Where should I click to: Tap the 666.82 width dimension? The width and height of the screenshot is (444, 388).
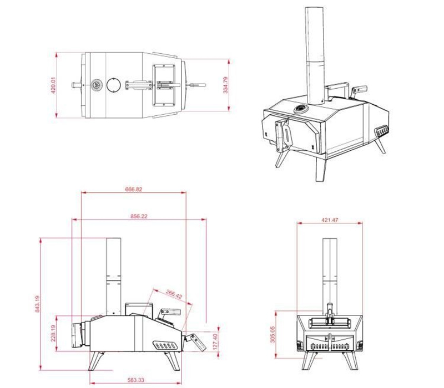[134, 189]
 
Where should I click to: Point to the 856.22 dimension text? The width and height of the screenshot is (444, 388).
[139, 216]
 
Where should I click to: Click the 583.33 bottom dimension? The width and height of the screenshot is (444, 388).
[137, 380]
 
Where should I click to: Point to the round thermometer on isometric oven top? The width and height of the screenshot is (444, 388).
[300, 108]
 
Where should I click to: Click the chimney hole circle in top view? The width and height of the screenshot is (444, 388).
[114, 85]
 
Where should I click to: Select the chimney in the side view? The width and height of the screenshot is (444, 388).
[113, 274]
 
